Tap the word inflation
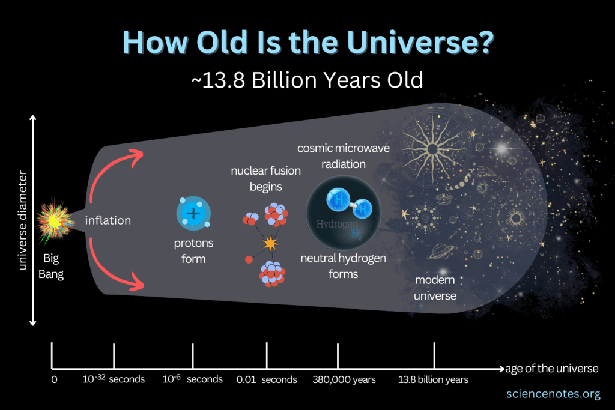point(108,220)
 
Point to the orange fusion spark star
point(270,243)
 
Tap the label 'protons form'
point(193,251)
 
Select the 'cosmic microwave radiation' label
point(339,156)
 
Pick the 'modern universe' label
point(435,288)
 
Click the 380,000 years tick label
point(344,379)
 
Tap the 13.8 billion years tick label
point(433,379)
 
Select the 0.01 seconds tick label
point(267,379)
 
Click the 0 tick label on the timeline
point(54,379)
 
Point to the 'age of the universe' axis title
point(552,368)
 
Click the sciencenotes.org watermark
point(553,394)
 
